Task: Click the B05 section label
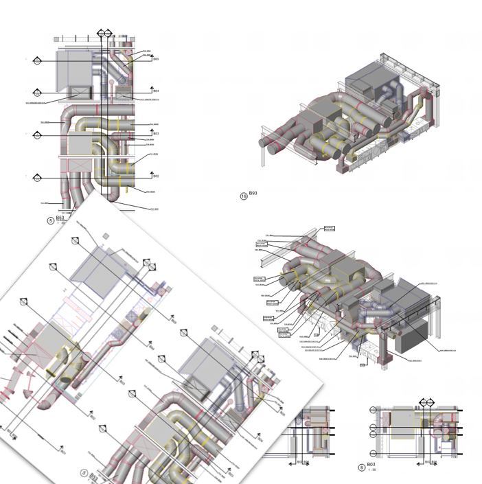point(156,59)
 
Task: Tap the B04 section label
point(156,91)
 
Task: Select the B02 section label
point(156,176)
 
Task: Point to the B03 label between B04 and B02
point(156,133)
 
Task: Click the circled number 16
point(243,196)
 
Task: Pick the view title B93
point(253,194)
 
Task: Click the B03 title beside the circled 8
point(371,465)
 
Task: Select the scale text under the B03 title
point(371,470)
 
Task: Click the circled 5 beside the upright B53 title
point(50,220)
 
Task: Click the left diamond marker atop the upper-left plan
point(101,33)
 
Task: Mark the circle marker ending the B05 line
point(36,60)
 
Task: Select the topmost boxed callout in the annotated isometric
point(329,227)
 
